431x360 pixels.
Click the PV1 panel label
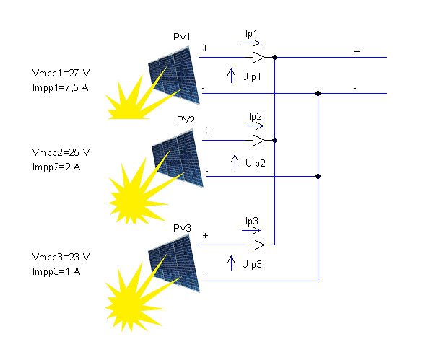click(182, 37)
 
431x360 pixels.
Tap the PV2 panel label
click(186, 120)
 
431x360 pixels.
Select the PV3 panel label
click(182, 228)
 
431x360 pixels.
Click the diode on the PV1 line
click(258, 58)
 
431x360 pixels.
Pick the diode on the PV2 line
click(258, 140)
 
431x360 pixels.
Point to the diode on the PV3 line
click(258, 245)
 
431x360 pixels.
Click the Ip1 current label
click(251, 34)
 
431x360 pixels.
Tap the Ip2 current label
click(256, 117)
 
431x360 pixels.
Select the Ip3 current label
click(252, 221)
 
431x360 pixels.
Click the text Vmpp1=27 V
click(61, 74)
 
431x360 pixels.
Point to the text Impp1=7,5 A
click(60, 88)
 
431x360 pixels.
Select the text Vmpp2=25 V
click(61, 153)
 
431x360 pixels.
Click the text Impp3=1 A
click(56, 272)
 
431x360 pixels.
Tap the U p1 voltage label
click(251, 76)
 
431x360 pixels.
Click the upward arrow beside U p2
click(235, 162)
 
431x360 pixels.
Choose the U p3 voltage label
click(252, 265)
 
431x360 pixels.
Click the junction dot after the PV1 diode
click(274, 58)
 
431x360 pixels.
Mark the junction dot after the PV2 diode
click(274, 140)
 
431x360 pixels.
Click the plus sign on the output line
click(357, 52)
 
